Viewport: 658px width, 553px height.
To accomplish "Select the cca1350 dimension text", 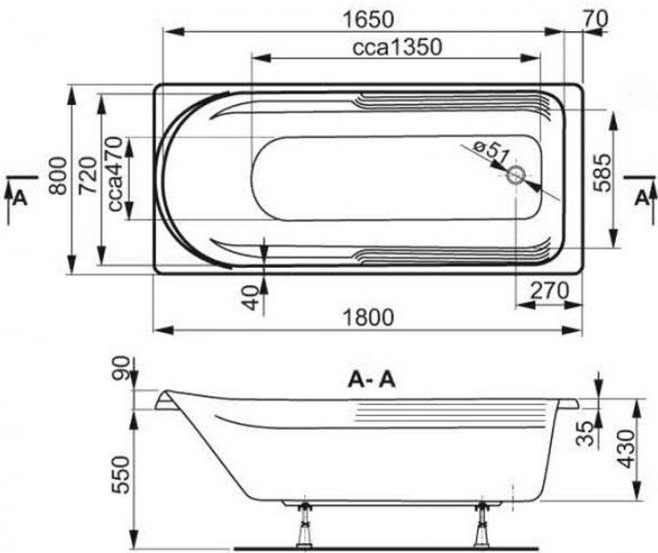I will pyautogui.click(x=396, y=48).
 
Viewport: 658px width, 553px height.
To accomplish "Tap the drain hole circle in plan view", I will pyautogui.click(x=517, y=176).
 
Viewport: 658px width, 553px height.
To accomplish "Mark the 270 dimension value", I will pyautogui.click(x=550, y=290).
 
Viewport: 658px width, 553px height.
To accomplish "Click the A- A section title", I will pyautogui.click(x=370, y=379).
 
